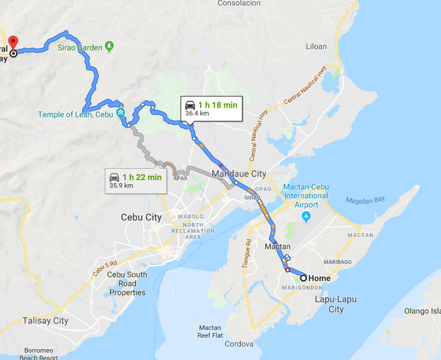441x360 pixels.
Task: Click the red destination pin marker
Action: point(14,41)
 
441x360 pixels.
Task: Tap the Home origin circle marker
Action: point(304,278)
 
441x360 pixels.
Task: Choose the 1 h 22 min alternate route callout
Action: point(136,181)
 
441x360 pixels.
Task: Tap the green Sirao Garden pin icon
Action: point(109,47)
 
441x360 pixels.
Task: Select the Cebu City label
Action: point(141,217)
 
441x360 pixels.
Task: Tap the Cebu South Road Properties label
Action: point(127,283)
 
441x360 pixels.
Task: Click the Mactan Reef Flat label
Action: point(209,331)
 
